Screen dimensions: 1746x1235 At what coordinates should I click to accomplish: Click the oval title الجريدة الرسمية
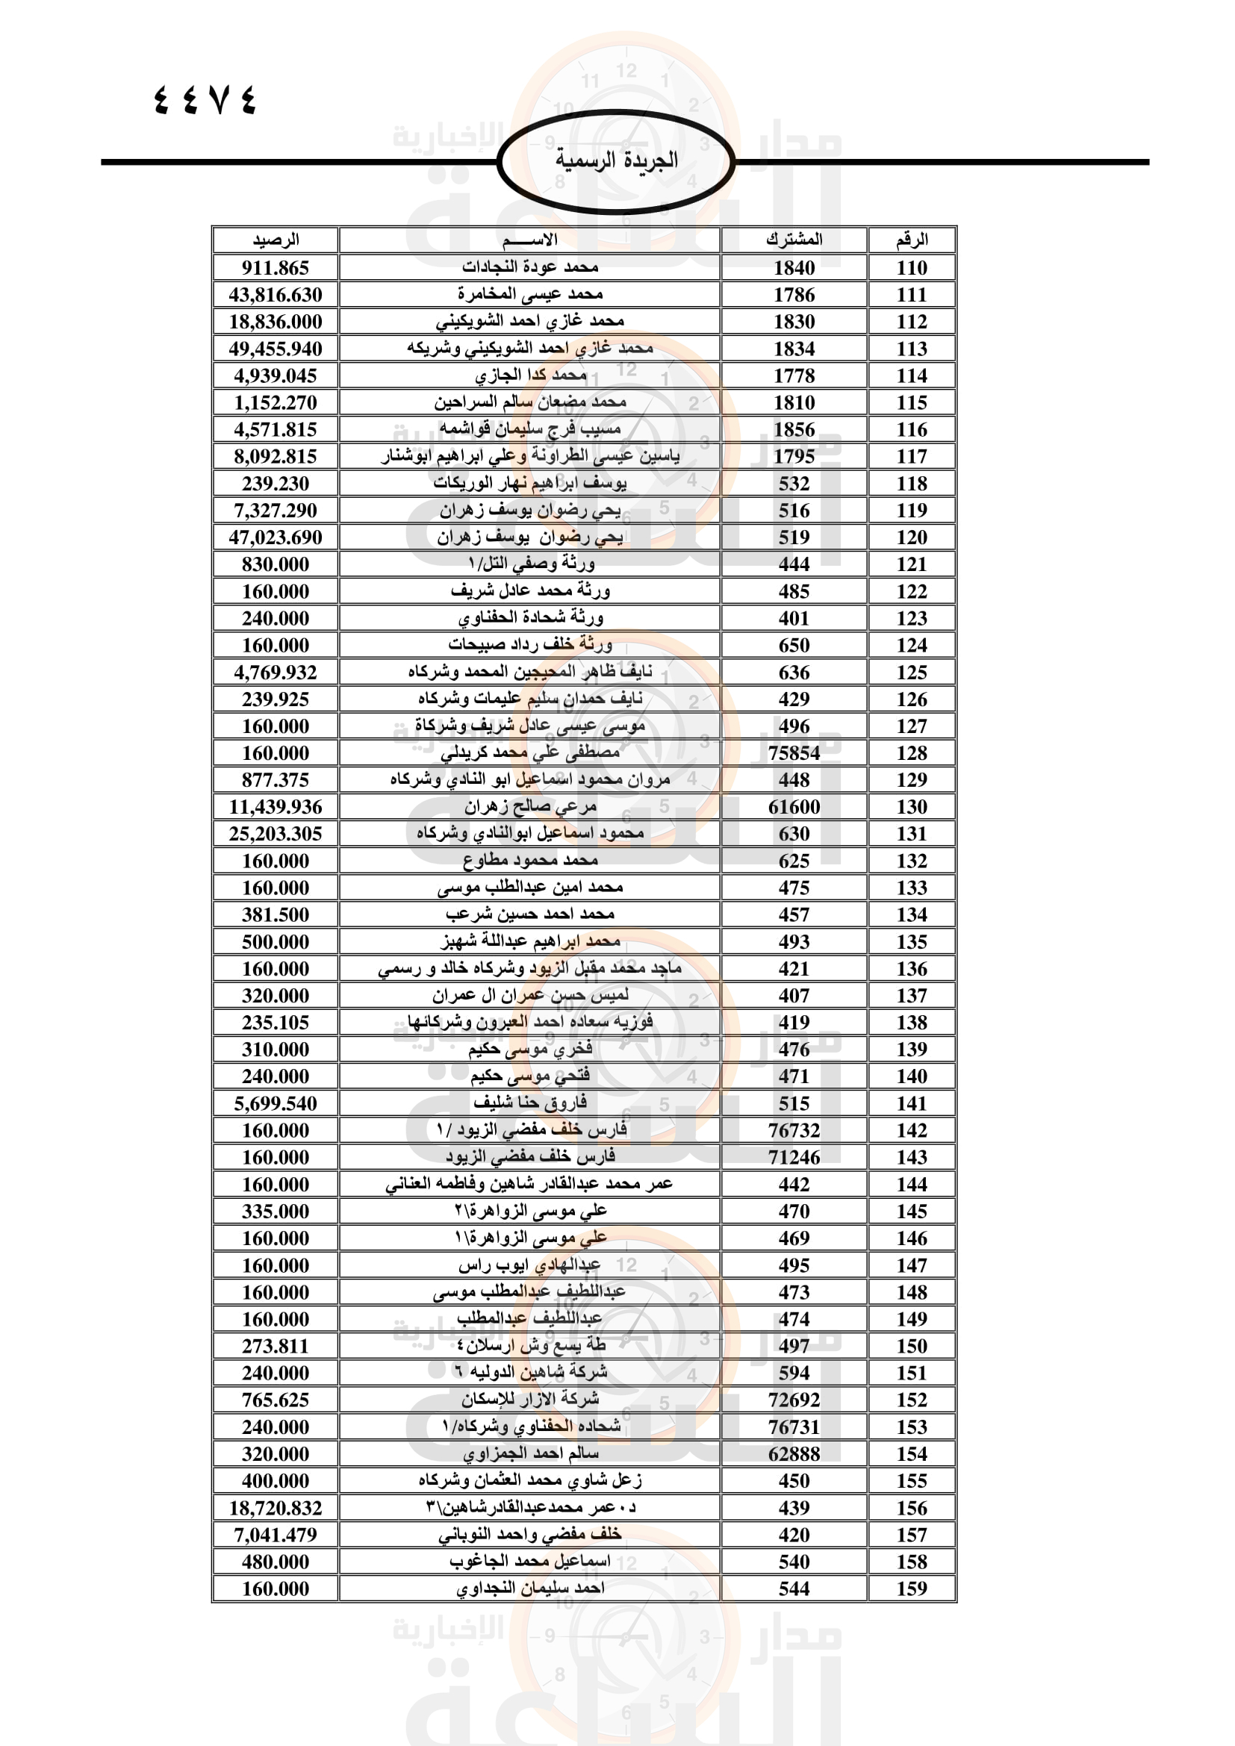[616, 160]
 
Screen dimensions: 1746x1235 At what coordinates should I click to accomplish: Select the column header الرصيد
[276, 240]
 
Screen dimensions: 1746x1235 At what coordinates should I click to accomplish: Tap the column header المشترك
[794, 240]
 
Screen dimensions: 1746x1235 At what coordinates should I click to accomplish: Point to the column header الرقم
[911, 240]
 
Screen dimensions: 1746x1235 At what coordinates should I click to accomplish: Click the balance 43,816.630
[276, 294]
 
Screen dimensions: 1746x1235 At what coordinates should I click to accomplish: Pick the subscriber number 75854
[794, 753]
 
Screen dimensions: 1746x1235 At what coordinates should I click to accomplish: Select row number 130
[911, 807]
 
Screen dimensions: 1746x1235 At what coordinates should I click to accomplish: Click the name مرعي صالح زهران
[530, 807]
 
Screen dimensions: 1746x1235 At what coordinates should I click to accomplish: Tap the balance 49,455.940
[276, 349]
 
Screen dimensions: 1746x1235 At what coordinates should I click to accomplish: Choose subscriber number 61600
[794, 807]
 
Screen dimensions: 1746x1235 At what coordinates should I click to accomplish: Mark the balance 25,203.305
[276, 834]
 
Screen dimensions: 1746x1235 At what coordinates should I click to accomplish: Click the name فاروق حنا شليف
[530, 1103]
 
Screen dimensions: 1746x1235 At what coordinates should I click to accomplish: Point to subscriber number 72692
[794, 1399]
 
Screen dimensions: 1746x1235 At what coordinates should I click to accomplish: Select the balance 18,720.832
[276, 1507]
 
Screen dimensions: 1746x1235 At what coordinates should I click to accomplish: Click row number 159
[911, 1588]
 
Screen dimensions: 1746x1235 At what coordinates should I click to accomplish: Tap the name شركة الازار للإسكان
[530, 1399]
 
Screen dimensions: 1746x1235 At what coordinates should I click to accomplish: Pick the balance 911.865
[276, 268]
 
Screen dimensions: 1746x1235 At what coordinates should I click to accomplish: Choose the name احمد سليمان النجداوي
[530, 1588]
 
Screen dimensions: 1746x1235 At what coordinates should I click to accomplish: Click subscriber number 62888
[794, 1453]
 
